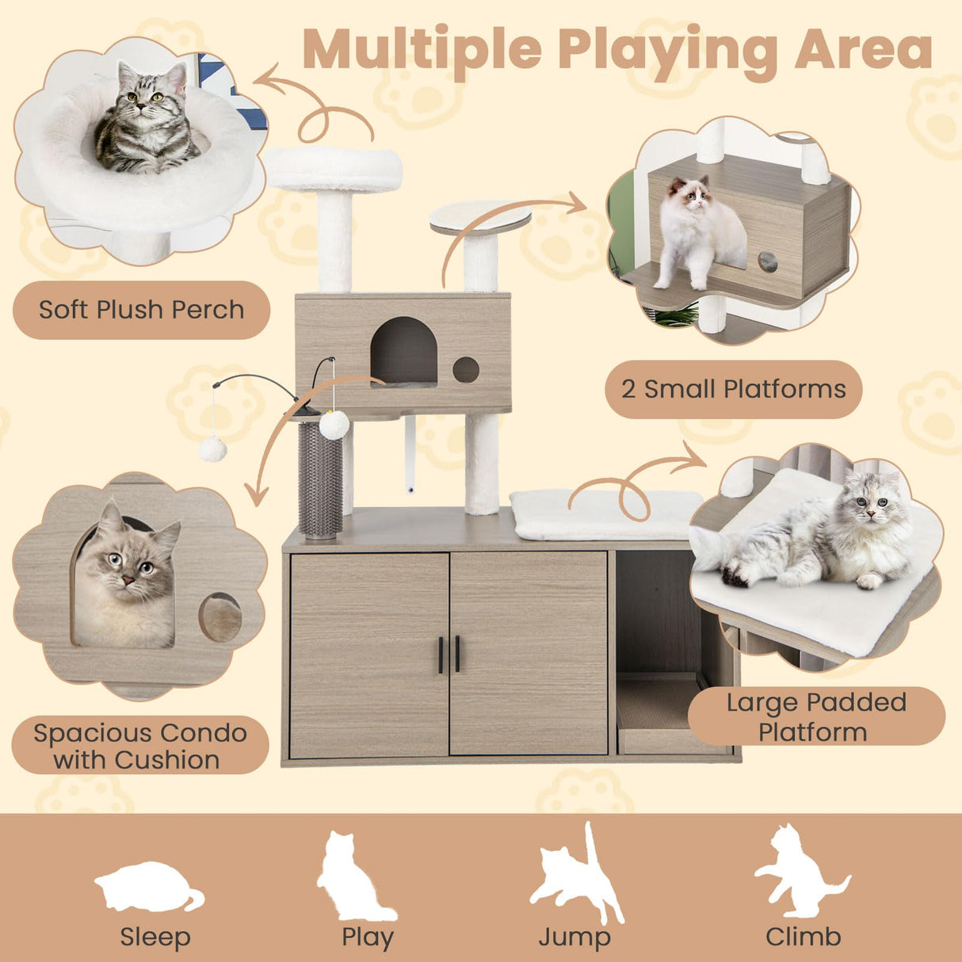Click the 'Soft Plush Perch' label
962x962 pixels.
pos(141,310)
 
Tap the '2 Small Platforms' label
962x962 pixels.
pos(733,389)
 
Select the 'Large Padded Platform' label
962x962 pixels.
pos(815,716)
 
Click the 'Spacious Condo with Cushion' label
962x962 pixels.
pos(139,746)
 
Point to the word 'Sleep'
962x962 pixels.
pos(155,937)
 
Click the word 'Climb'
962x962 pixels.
pos(803,937)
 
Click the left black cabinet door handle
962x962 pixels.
pos(441,654)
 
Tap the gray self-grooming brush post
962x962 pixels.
pos(320,479)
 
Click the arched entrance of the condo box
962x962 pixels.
pos(403,351)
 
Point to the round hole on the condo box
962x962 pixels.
pos(466,369)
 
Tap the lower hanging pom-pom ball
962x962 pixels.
pos(212,449)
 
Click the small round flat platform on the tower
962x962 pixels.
pos(480,217)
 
